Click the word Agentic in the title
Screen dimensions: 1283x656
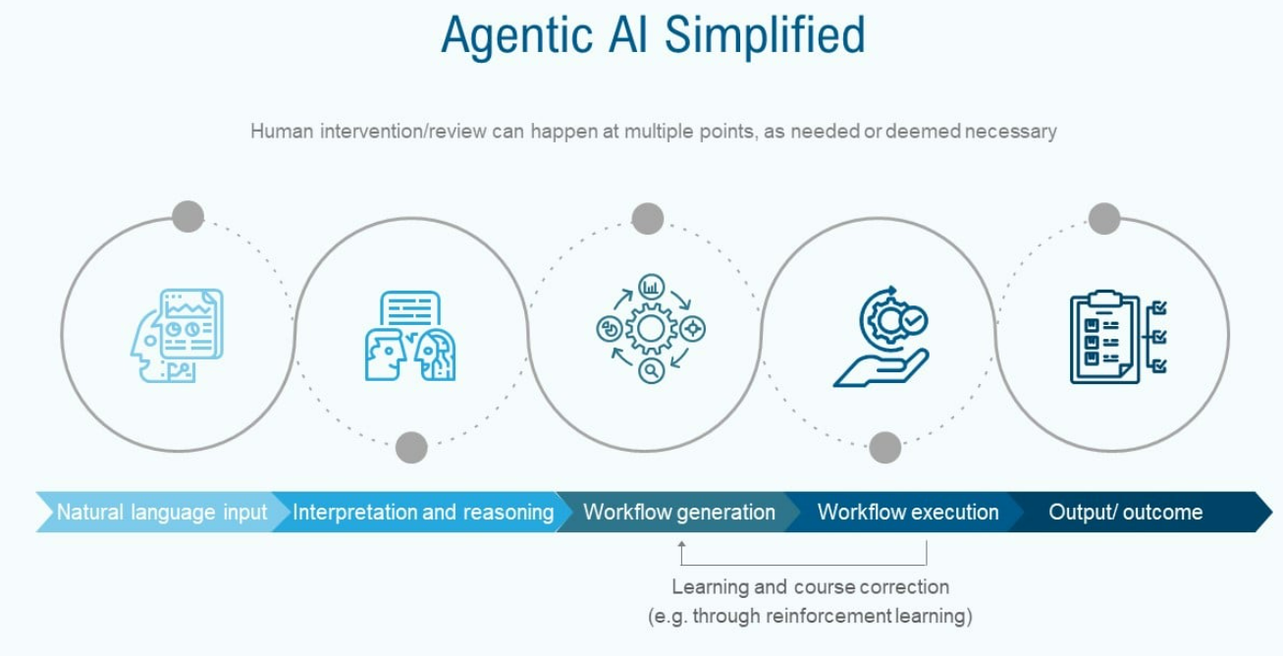tap(516, 36)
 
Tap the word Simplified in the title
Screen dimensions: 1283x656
tap(765, 35)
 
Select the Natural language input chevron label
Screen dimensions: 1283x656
tap(162, 512)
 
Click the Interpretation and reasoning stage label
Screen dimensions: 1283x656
tap(423, 512)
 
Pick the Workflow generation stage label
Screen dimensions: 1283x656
tap(679, 512)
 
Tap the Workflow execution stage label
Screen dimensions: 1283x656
tap(908, 512)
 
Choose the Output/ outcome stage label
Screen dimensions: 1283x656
tap(1126, 512)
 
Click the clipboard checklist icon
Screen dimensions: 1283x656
tap(1118, 337)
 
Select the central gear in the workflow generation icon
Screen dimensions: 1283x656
tap(651, 329)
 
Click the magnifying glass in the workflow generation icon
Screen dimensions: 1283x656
tap(651, 370)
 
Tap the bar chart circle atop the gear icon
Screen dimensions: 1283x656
tap(651, 287)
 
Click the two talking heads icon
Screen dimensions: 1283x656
tap(410, 336)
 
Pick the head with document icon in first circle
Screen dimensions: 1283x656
tap(177, 336)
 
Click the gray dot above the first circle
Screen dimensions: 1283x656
tap(187, 216)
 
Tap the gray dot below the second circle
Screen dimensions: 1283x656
tap(411, 447)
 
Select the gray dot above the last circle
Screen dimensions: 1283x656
tap(1104, 218)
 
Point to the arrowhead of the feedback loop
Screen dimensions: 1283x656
tap(681, 545)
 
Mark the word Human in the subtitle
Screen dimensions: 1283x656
tap(282, 132)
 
